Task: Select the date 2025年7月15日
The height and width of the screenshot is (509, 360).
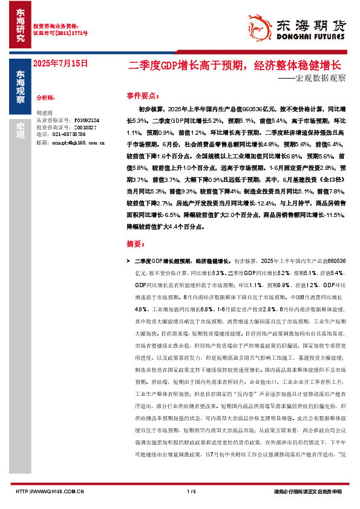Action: point(60,63)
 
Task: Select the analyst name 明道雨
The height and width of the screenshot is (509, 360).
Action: point(45,113)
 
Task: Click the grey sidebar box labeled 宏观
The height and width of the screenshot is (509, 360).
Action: point(20,130)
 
